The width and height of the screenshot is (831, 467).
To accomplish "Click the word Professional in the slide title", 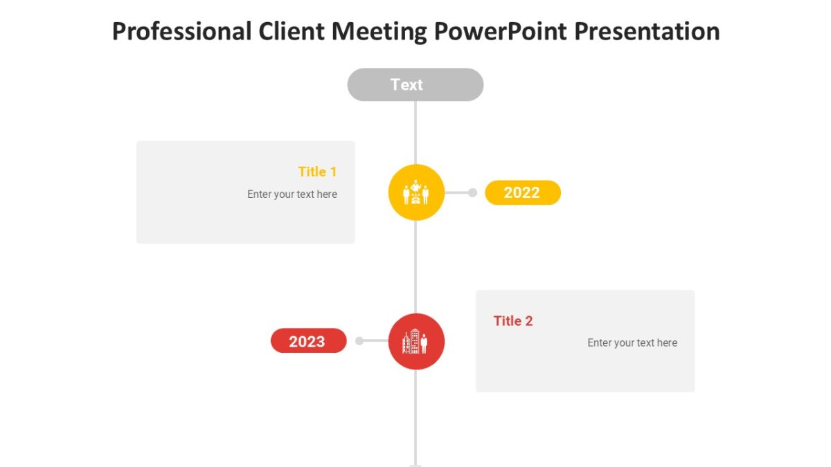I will [181, 32].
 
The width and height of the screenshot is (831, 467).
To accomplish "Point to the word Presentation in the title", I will [647, 32].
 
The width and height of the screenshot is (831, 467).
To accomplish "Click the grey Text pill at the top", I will [415, 84].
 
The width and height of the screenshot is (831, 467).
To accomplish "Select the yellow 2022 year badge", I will [522, 193].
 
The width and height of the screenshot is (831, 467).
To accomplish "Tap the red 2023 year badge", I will [308, 341].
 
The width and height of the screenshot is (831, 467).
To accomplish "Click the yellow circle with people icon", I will [415, 192].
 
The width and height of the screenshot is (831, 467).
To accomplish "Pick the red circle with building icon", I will [415, 341].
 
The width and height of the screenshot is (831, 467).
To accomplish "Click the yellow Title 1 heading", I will [317, 172].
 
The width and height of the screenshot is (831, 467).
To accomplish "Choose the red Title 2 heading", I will [513, 321].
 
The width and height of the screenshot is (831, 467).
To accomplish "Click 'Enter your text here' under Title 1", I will [292, 194].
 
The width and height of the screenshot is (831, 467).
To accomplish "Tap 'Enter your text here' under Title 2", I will [632, 343].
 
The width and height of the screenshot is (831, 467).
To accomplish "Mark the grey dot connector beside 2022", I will [472, 193].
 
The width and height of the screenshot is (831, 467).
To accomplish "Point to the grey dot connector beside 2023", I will [359, 340].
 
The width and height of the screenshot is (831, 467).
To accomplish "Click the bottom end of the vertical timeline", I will [415, 464].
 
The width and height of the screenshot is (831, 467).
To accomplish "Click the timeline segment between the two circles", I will [415, 266].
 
